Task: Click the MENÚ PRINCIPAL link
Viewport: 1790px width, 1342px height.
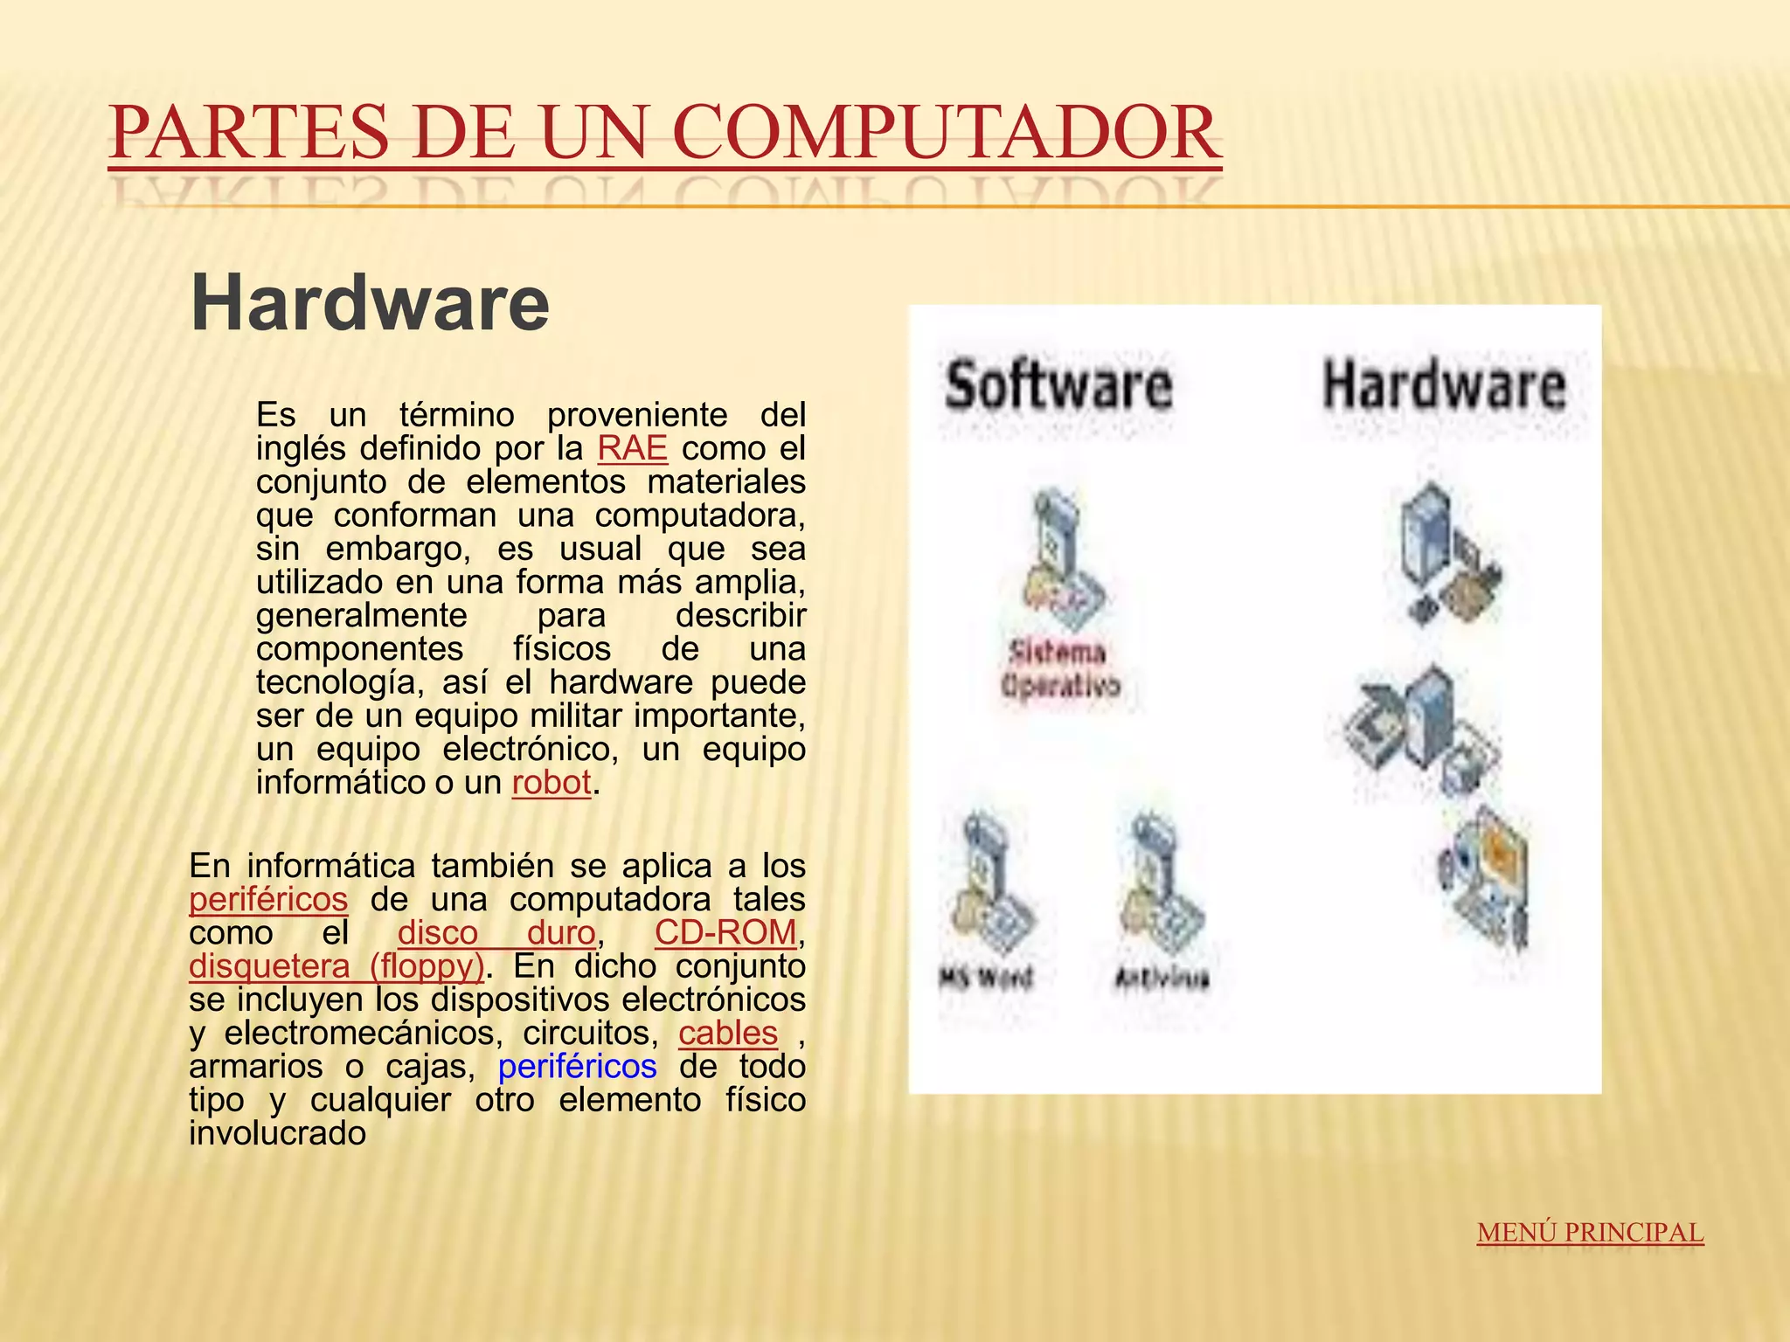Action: tap(1590, 1232)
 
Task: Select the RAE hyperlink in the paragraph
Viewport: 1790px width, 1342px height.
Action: tap(632, 448)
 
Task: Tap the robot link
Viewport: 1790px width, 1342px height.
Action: tap(552, 782)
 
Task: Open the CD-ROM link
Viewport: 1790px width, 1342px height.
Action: tap(725, 932)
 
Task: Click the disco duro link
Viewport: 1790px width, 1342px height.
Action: tap(496, 932)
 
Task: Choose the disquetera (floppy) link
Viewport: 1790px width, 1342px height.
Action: tap(336, 965)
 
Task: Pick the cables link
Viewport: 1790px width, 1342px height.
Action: tap(728, 1033)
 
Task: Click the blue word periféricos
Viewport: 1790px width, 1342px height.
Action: tap(577, 1066)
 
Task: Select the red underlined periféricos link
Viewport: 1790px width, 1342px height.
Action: tap(268, 899)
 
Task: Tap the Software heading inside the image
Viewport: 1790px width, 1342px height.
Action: tap(1058, 385)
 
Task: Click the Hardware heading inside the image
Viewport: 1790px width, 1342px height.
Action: tap(1444, 385)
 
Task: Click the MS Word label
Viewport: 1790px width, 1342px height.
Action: tap(986, 977)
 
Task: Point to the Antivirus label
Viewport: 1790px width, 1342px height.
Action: tap(1162, 978)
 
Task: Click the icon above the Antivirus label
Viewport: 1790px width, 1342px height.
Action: tap(1160, 882)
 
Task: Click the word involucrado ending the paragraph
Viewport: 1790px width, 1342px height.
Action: tap(277, 1133)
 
